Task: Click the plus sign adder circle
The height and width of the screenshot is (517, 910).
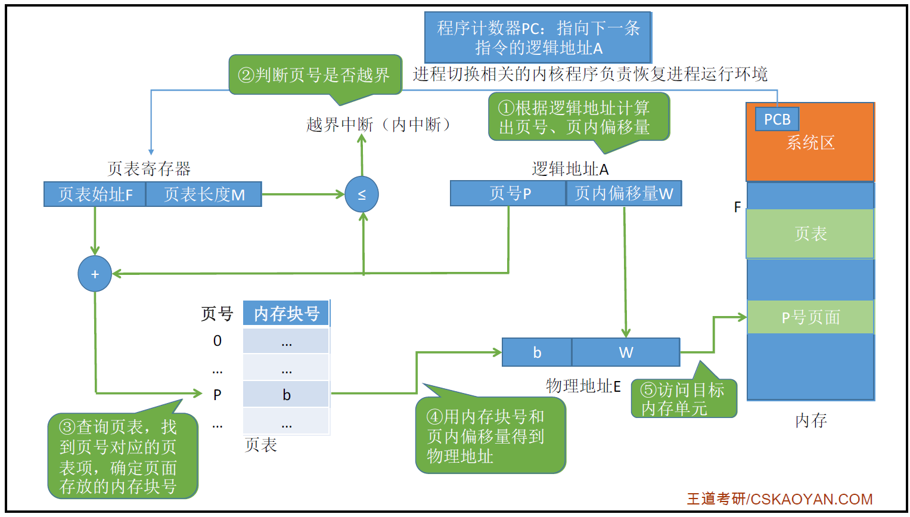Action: [x=95, y=274]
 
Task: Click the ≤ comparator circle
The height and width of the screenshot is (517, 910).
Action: [x=362, y=194]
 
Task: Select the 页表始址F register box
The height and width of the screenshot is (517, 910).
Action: [x=95, y=194]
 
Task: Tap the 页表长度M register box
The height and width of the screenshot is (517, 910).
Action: [x=204, y=194]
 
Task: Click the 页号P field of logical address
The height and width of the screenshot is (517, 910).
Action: [x=508, y=193]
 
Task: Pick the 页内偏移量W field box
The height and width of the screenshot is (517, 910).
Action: [x=623, y=193]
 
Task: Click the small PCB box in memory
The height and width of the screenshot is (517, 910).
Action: [x=777, y=119]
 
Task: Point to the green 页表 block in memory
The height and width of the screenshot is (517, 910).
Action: [x=810, y=234]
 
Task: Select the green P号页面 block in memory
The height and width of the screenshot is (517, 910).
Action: [x=810, y=317]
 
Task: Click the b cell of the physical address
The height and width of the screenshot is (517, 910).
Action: [x=537, y=352]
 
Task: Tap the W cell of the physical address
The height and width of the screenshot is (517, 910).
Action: [x=626, y=352]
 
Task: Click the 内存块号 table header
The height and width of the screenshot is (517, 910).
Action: [x=286, y=314]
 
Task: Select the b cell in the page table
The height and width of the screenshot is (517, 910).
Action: [x=286, y=395]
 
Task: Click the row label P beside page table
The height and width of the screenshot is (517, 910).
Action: [x=218, y=395]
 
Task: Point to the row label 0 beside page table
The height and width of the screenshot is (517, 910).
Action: [x=218, y=340]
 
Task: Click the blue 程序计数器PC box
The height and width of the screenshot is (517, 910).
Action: [x=538, y=38]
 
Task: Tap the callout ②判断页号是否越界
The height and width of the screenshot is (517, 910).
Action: [x=315, y=75]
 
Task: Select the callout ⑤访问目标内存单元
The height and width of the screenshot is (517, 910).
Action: [x=684, y=399]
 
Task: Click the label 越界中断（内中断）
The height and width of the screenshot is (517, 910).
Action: [x=379, y=125]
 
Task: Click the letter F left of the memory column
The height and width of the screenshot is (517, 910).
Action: [x=737, y=208]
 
